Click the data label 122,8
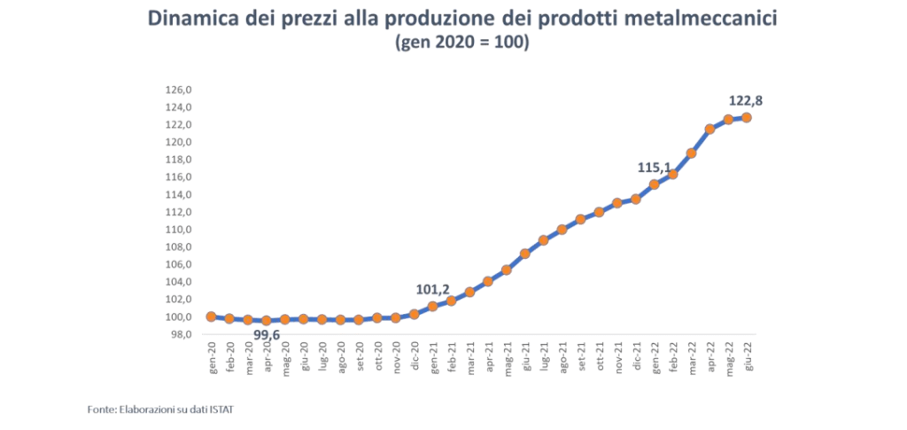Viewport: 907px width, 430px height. click(745, 100)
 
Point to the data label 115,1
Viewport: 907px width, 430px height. click(655, 167)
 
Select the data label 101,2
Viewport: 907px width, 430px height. click(433, 288)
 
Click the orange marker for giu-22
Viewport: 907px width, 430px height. click(747, 117)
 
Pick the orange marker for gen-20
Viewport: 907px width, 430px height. click(211, 317)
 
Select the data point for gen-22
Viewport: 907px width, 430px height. click(655, 184)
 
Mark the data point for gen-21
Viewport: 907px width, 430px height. click(433, 306)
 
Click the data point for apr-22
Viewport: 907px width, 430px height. click(709, 129)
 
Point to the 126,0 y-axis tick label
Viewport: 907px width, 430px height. click(180, 90)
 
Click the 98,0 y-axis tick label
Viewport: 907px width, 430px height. click(182, 334)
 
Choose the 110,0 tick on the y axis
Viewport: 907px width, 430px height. click(180, 230)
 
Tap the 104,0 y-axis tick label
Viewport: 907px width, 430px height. click(180, 282)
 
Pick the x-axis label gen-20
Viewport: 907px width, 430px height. click(212, 355)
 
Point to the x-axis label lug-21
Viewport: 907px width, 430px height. click(544, 355)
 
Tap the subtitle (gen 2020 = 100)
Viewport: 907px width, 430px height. click(461, 43)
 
